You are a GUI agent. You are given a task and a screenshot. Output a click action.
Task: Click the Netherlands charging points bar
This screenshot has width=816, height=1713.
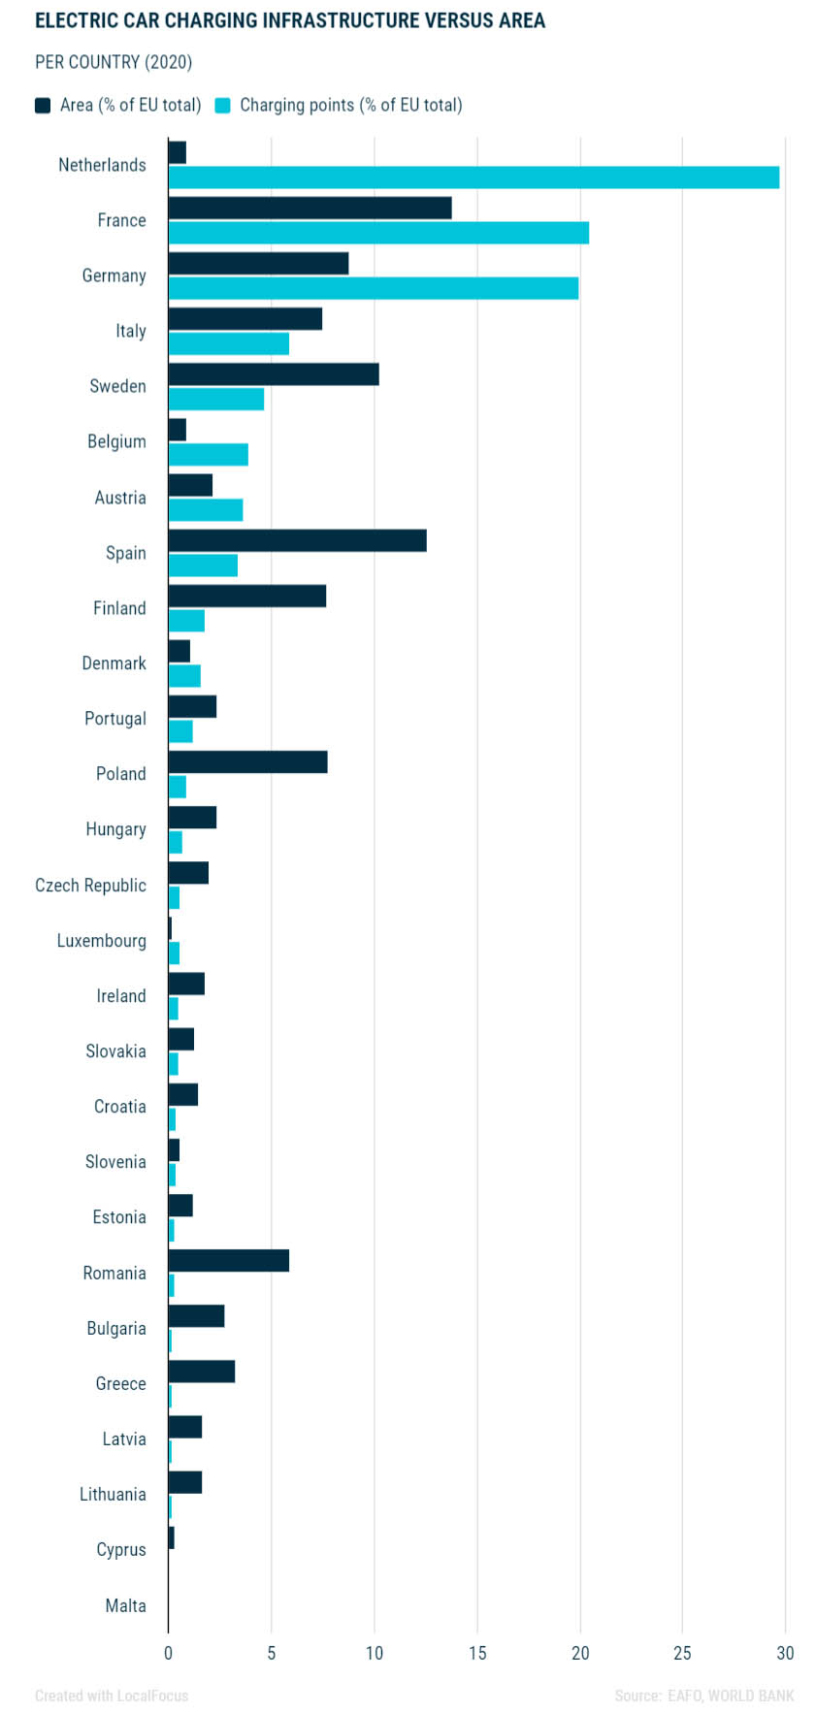(473, 178)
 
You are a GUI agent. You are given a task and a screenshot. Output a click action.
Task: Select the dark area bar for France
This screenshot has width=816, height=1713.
(310, 208)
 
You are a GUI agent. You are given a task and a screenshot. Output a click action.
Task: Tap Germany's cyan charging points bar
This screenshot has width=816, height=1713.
(374, 288)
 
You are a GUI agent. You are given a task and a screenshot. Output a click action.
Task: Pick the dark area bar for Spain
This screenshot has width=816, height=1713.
(297, 540)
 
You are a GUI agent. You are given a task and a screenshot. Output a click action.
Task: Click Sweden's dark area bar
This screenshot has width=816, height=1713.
(274, 374)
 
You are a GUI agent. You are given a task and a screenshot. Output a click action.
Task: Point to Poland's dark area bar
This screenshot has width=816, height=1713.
(247, 761)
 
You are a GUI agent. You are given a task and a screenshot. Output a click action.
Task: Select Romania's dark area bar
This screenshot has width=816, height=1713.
(229, 1260)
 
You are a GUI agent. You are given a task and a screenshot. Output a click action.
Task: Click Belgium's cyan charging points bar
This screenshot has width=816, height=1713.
(209, 455)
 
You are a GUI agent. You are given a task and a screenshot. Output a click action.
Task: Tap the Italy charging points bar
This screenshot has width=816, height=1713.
(229, 343)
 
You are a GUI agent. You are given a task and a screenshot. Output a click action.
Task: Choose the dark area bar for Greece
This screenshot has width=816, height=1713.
(202, 1371)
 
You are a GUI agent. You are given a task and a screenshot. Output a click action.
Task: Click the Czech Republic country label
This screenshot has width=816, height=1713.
(90, 885)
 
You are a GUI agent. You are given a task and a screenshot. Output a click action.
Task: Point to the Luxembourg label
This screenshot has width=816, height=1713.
(101, 940)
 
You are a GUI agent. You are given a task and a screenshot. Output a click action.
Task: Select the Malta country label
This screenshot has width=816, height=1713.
(125, 1605)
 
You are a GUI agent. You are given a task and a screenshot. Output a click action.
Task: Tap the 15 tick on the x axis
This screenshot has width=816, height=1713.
(477, 1653)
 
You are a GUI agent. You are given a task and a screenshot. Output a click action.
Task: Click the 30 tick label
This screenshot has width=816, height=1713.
(785, 1653)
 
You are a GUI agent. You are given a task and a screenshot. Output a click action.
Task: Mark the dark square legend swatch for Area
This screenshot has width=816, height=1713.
(43, 106)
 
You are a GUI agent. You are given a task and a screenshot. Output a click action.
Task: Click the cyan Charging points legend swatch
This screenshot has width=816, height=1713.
(223, 106)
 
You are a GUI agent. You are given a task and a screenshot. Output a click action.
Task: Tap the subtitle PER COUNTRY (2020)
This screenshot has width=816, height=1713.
(114, 62)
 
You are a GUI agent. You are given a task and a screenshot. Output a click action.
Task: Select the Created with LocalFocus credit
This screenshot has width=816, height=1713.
(112, 1696)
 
